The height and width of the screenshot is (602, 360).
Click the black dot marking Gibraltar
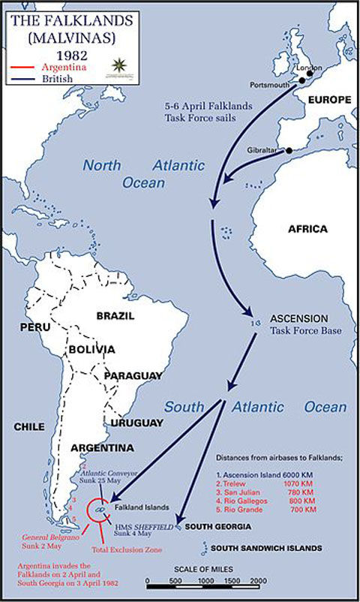coord(289,151)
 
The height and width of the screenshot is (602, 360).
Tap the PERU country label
coord(34,329)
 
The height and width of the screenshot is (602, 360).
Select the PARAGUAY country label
coord(133,375)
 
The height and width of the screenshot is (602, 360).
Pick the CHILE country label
coord(29,426)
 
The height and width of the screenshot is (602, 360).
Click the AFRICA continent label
coord(308,229)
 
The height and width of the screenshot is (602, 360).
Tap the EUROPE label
coord(326,99)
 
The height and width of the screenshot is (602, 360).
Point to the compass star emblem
coord(120,65)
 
